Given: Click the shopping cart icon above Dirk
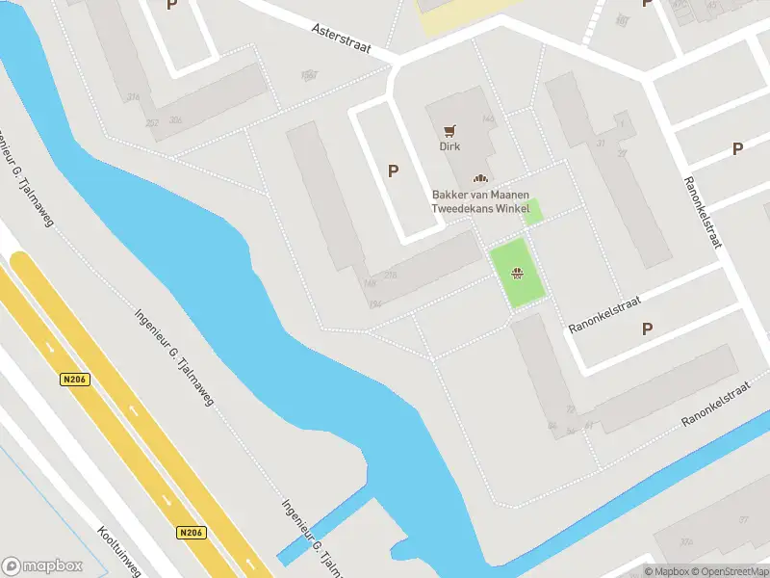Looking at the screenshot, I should tap(449, 130).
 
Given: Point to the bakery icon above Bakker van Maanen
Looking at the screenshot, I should tap(479, 178).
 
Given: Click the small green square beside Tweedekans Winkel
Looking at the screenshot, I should tap(532, 212).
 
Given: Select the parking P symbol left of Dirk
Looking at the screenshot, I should tap(393, 171).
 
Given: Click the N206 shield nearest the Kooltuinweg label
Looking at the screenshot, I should tap(192, 532).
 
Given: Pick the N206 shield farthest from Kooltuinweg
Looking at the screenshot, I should tap(74, 380).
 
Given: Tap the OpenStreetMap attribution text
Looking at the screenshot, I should tap(728, 571).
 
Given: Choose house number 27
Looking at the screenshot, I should tap(622, 153).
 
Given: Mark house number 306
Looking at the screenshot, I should tap(175, 120).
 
